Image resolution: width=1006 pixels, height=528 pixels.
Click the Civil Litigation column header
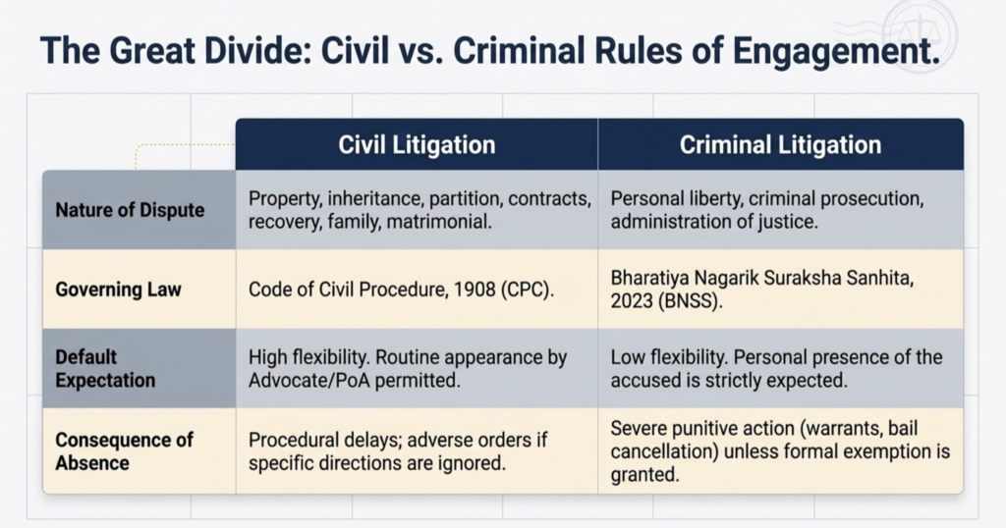[x=417, y=145]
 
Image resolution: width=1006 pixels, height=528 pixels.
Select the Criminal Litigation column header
[x=780, y=145]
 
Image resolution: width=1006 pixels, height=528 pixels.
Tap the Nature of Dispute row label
[x=130, y=210]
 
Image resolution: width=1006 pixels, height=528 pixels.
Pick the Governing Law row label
[x=118, y=290]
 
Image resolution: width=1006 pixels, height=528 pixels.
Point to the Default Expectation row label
[x=105, y=368]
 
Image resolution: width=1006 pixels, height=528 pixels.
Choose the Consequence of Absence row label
[x=124, y=451]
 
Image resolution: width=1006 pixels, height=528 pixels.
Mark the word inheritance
[x=375, y=198]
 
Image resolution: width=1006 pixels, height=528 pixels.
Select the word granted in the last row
[x=644, y=475]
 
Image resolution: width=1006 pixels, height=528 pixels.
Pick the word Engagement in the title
[x=836, y=51]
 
